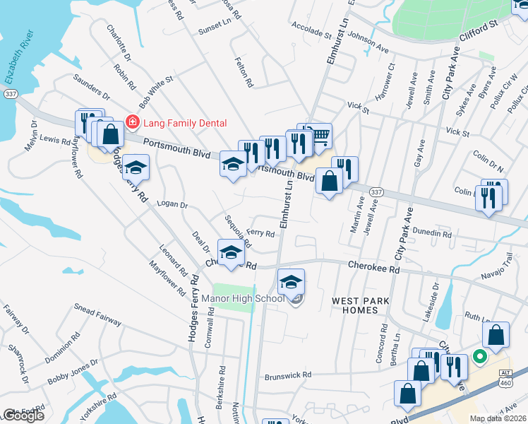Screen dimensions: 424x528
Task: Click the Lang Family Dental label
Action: [x=185, y=123]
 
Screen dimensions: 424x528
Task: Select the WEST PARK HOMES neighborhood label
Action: [x=361, y=306]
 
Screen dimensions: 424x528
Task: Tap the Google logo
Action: [x=23, y=416]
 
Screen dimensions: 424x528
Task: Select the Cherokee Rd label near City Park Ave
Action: [x=374, y=267]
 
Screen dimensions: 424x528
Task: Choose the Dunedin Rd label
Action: [x=432, y=232]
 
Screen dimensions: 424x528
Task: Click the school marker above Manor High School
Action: [x=291, y=281]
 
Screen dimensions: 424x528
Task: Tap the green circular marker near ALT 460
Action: [x=480, y=358]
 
